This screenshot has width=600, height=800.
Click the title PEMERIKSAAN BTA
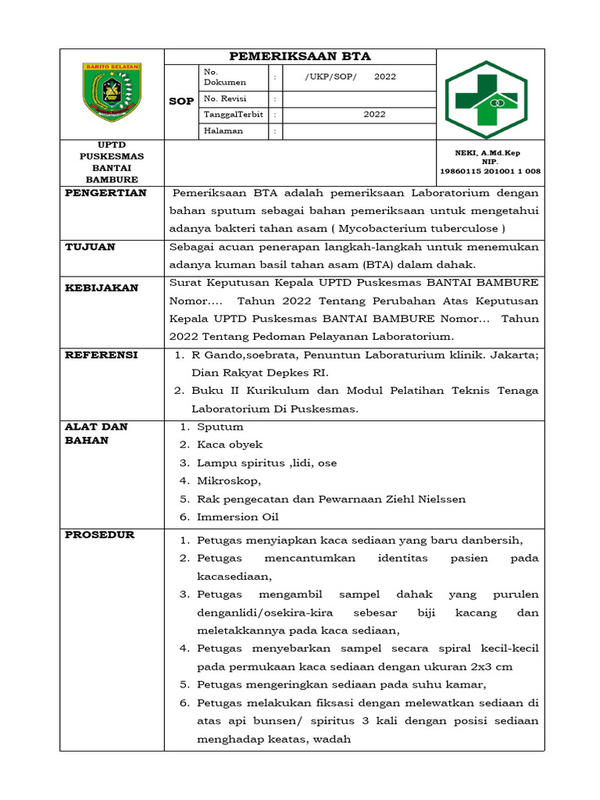click(299, 56)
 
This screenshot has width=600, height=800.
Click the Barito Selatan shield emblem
click(112, 91)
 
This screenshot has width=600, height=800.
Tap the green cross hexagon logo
click(486, 99)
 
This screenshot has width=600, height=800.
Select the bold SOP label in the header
click(181, 102)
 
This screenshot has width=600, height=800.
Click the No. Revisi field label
click(223, 98)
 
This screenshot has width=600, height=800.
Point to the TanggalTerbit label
click(234, 114)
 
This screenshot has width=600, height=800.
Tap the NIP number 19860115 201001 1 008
click(491, 171)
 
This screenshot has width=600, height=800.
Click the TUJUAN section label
click(90, 247)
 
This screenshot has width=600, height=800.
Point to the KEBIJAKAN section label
click(102, 287)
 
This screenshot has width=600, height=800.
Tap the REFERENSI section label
click(102, 355)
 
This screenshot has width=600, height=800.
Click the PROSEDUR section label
click(99, 534)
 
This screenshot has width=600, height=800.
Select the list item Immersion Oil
click(237, 516)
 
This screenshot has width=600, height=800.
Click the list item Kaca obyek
click(230, 445)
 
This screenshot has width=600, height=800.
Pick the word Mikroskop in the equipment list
click(228, 480)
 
